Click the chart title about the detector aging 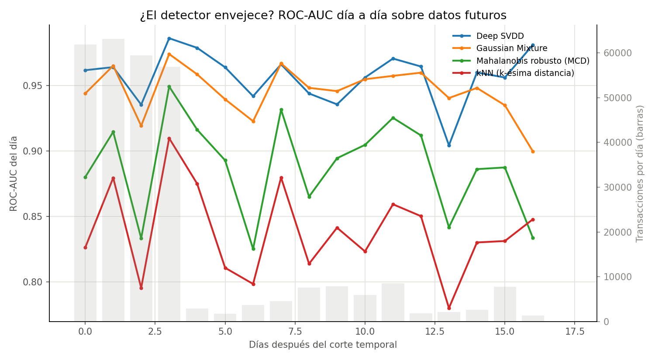(323, 15)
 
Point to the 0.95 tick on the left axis (32, 86)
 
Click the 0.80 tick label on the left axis (32, 282)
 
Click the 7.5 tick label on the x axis (295, 332)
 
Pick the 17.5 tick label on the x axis (575, 332)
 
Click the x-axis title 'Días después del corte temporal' (323, 345)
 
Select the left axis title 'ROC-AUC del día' (14, 174)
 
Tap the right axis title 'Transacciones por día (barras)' (640, 174)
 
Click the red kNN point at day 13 (449, 308)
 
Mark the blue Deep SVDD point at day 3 (169, 38)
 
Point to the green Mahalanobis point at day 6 (253, 249)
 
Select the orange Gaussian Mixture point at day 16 (533, 152)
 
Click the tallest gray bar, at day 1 (113, 180)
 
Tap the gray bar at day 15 (505, 304)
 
